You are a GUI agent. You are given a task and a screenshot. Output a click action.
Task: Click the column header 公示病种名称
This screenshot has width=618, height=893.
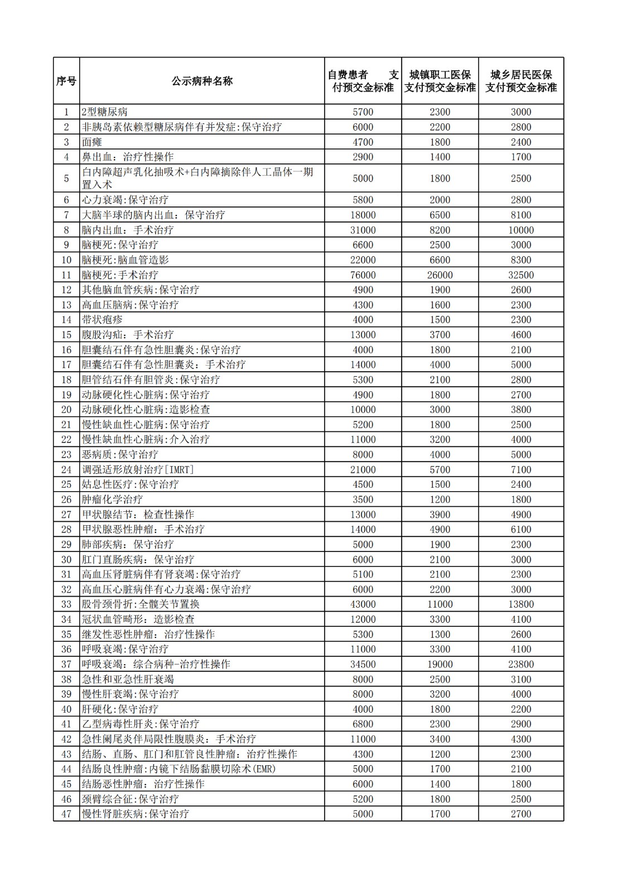202,81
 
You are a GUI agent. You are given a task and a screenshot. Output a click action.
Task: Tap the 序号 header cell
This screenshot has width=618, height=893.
66,81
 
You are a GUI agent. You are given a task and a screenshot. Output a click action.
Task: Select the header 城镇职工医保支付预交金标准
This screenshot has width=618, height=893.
440,81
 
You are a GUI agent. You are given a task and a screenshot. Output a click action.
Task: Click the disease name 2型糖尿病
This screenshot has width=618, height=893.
105,112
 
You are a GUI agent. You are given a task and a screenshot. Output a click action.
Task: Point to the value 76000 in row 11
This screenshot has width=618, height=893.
363,275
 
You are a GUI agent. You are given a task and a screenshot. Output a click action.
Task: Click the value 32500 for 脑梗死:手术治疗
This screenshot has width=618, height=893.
521,275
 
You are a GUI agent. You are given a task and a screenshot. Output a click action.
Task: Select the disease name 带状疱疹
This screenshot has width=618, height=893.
102,320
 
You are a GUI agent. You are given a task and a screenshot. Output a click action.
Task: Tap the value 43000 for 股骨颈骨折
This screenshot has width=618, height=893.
363,604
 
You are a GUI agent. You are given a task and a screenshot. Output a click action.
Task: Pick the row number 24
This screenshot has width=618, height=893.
66,470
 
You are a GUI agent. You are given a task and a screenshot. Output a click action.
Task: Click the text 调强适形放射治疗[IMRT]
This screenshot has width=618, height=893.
138,470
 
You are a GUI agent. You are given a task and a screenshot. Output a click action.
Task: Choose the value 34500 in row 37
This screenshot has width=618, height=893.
363,664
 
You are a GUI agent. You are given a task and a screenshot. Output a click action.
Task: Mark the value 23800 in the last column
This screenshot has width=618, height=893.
521,664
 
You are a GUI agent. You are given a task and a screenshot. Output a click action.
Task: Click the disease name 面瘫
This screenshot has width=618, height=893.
92,142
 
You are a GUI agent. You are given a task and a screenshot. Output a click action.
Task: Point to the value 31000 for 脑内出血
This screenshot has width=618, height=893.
363,230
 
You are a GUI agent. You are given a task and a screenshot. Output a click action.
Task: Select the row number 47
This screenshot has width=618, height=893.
66,814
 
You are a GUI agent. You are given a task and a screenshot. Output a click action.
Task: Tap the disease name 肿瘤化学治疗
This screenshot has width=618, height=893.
112,500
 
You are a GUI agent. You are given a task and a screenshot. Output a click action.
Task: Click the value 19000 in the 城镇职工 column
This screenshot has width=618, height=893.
440,664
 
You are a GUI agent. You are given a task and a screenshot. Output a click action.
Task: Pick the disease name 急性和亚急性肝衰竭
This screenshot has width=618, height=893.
128,679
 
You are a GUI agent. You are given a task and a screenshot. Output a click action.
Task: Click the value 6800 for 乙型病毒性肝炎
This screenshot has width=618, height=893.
363,724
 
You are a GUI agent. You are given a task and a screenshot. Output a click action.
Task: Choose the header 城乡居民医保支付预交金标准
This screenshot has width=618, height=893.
521,81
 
